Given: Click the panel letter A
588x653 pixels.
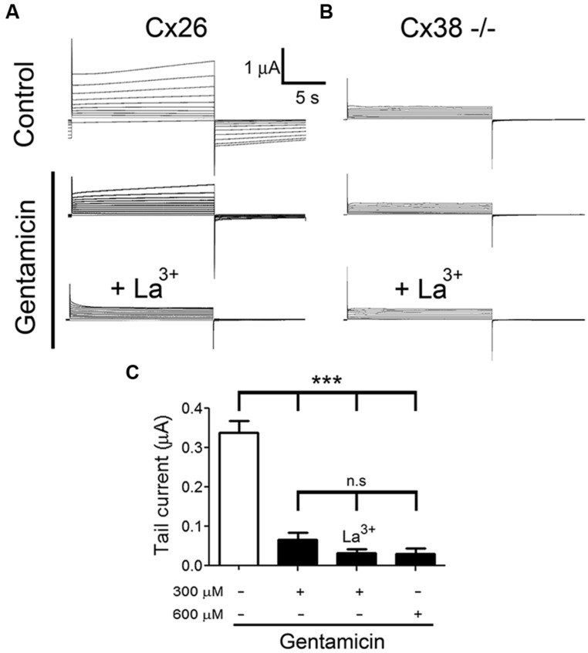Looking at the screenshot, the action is (x=13, y=12).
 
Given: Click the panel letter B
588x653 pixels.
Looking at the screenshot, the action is (x=327, y=12).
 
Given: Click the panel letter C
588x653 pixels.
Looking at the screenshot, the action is (x=133, y=373).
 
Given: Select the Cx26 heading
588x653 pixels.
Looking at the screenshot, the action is (x=176, y=29).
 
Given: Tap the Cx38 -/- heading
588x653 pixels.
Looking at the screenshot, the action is (x=448, y=29).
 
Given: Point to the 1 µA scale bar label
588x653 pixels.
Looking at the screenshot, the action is (x=262, y=68).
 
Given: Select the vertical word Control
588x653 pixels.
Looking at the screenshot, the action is (x=24, y=104).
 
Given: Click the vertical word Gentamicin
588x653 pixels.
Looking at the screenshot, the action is (x=27, y=267).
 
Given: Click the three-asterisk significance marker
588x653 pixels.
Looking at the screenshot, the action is (x=327, y=381).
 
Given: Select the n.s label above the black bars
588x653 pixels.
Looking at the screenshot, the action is (x=357, y=481).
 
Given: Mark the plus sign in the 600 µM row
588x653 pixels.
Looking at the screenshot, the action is (x=417, y=614).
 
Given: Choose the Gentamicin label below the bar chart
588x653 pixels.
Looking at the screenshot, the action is (x=332, y=641).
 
